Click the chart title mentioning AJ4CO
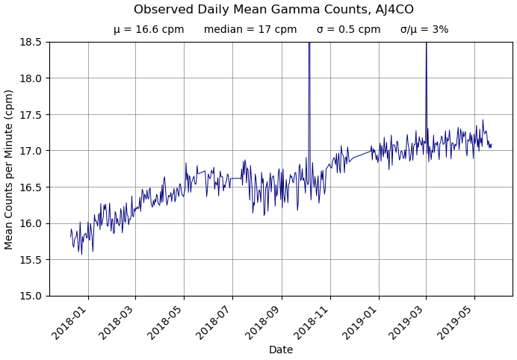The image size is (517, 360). point(273,10)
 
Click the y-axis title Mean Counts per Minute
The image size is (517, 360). point(9,169)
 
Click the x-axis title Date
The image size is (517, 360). point(281,350)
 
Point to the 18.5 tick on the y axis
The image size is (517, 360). point(32,42)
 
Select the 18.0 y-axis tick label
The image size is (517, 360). point(32,78)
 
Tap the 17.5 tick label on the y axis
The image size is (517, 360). point(32,114)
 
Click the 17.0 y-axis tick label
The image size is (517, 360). point(32,151)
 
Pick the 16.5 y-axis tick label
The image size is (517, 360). point(32,187)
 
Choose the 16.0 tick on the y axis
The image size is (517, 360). point(32,223)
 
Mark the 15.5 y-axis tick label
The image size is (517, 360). point(32,260)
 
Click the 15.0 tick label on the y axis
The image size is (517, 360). point(32,296)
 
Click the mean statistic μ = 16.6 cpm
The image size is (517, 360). point(149,30)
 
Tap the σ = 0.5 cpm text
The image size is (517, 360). point(348,30)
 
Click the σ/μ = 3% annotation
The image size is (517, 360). point(424,30)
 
